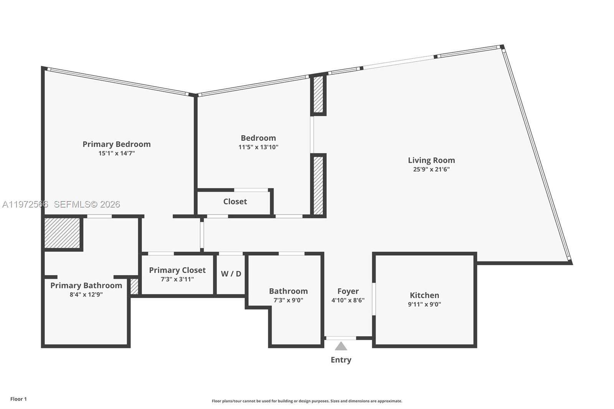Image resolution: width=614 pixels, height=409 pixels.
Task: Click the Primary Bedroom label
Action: pos(116,144)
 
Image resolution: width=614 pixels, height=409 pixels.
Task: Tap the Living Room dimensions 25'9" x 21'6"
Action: pos(431,169)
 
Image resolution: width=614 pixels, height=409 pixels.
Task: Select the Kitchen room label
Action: pos(424,295)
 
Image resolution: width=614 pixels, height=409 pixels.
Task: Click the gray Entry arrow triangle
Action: pos(341,347)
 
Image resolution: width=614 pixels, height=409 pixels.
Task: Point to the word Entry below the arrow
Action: pos(341,360)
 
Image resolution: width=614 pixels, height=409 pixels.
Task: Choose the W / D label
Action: pos(231,274)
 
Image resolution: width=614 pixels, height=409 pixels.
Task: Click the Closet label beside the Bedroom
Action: pos(235,201)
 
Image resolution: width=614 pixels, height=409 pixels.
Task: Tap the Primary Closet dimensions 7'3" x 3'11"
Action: pos(177,279)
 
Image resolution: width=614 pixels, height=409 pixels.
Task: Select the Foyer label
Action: pos(348,291)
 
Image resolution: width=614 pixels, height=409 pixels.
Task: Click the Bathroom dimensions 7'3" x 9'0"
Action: pos(288,300)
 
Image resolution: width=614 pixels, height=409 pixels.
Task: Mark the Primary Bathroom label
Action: pos(86,285)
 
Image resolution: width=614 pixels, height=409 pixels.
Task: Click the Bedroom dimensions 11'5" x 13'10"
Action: pos(258,147)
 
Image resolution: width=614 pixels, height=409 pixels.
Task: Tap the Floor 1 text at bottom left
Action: pos(18,399)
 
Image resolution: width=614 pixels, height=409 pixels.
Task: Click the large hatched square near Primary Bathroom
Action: pos(62,233)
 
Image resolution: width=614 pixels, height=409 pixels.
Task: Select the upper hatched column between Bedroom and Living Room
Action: pos(318,94)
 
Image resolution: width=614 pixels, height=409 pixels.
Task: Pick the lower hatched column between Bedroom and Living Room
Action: pos(318,185)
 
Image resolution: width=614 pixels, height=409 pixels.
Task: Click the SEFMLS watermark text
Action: pos(87,204)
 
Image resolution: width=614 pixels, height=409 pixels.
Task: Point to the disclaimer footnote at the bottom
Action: pos(307,401)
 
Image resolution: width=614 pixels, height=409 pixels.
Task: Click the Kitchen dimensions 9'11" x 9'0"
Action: pos(424,304)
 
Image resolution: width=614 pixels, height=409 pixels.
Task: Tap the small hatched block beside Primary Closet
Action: pos(134,286)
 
